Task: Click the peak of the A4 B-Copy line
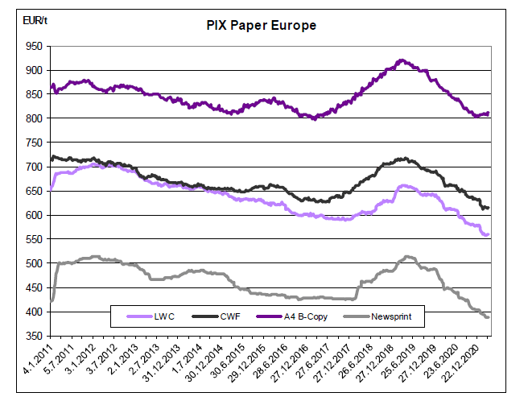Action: click(402, 60)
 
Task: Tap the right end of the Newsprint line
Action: click(488, 317)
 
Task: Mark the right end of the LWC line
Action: click(488, 234)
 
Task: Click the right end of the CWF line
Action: click(488, 209)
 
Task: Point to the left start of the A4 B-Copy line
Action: click(52, 87)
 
